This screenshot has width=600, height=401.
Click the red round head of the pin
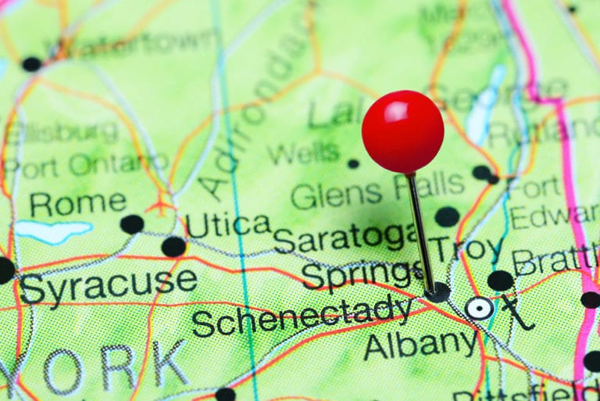click(x=402, y=131)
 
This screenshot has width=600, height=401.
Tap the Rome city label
click(x=77, y=203)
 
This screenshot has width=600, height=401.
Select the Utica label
click(x=227, y=225)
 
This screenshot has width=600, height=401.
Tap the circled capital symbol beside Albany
click(x=479, y=308)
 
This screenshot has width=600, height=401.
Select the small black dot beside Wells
click(x=353, y=163)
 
